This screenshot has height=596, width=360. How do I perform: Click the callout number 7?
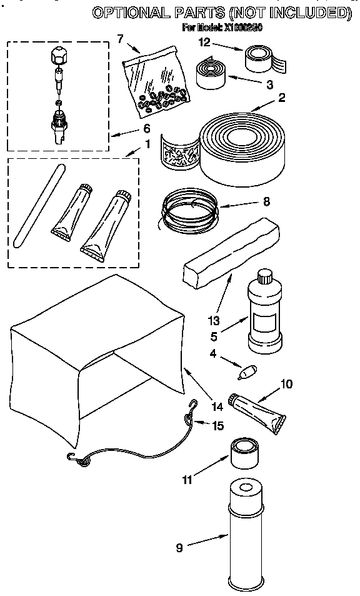click(120, 39)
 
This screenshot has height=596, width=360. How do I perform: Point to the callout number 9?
click(179, 548)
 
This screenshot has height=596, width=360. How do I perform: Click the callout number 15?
click(217, 425)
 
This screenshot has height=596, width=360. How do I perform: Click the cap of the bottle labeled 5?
click(264, 275)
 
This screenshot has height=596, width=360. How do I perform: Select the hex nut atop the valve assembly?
click(57, 56)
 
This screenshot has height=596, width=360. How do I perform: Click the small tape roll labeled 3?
click(213, 72)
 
